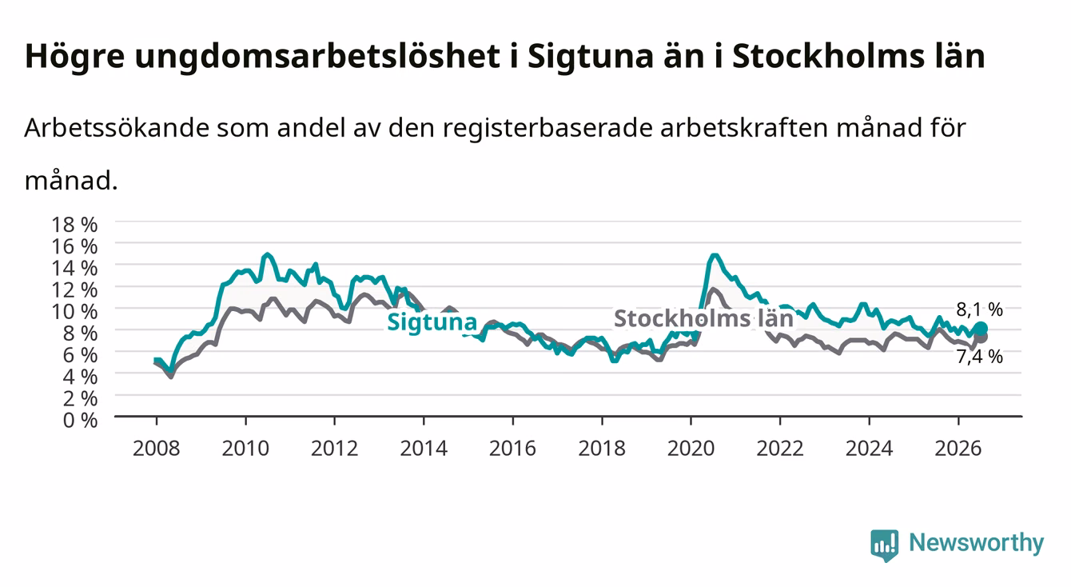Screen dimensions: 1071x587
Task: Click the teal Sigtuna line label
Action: [432, 322]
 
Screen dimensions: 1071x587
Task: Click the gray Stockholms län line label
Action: [703, 318]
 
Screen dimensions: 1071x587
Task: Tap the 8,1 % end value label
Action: [979, 310]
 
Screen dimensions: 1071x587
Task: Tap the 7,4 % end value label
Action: [979, 357]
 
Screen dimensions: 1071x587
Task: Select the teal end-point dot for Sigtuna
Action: [981, 329]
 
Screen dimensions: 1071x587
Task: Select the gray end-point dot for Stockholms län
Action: [981, 337]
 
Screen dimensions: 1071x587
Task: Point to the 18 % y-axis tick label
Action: [74, 225]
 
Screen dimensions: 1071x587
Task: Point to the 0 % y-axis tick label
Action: [80, 421]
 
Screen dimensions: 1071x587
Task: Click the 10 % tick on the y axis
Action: [74, 312]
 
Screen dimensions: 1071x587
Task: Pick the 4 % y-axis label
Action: [80, 377]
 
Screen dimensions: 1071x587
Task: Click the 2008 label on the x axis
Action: [157, 449]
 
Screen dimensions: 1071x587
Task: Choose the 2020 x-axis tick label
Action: [691, 449]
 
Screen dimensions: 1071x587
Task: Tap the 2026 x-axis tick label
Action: [958, 449]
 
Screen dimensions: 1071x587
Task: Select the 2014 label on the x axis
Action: [424, 449]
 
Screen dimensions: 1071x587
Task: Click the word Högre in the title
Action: [75, 57]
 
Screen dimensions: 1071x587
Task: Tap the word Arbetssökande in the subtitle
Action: [117, 128]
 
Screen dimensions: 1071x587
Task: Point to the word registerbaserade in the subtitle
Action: [547, 129]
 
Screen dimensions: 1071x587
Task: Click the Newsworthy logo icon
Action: [884, 545]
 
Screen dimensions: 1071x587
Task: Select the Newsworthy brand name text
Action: [977, 543]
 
